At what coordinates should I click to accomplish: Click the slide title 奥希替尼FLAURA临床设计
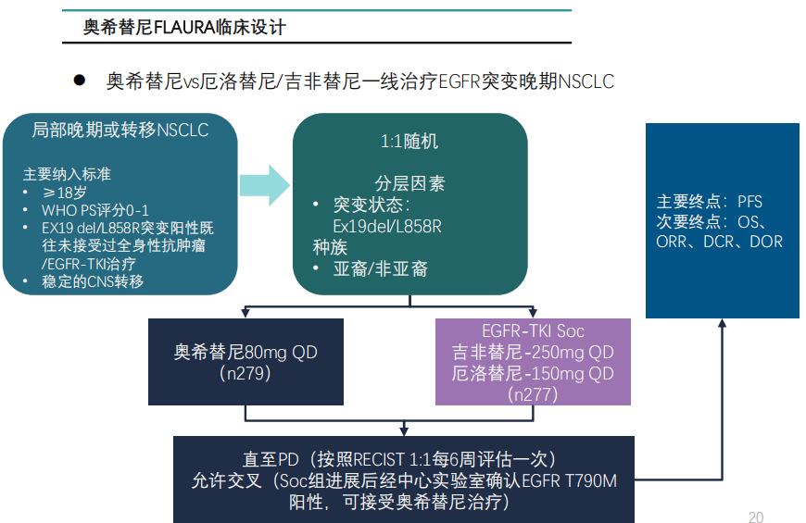184,28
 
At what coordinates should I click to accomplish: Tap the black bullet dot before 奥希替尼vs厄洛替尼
80,81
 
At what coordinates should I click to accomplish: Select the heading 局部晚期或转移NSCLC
120,131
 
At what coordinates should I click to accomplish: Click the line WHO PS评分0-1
95,210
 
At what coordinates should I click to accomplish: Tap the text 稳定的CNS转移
93,281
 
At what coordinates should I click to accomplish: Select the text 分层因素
409,183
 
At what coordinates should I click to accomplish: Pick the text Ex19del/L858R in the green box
386,226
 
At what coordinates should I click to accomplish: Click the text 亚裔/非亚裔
381,269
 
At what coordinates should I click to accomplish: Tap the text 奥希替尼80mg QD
246,353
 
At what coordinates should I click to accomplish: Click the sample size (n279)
246,374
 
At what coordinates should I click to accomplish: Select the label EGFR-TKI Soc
533,331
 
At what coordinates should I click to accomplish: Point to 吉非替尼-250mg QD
533,353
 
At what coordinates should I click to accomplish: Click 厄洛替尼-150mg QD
533,374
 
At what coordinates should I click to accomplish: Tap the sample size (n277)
533,394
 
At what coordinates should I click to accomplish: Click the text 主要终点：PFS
710,202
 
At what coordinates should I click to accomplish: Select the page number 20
755,517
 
